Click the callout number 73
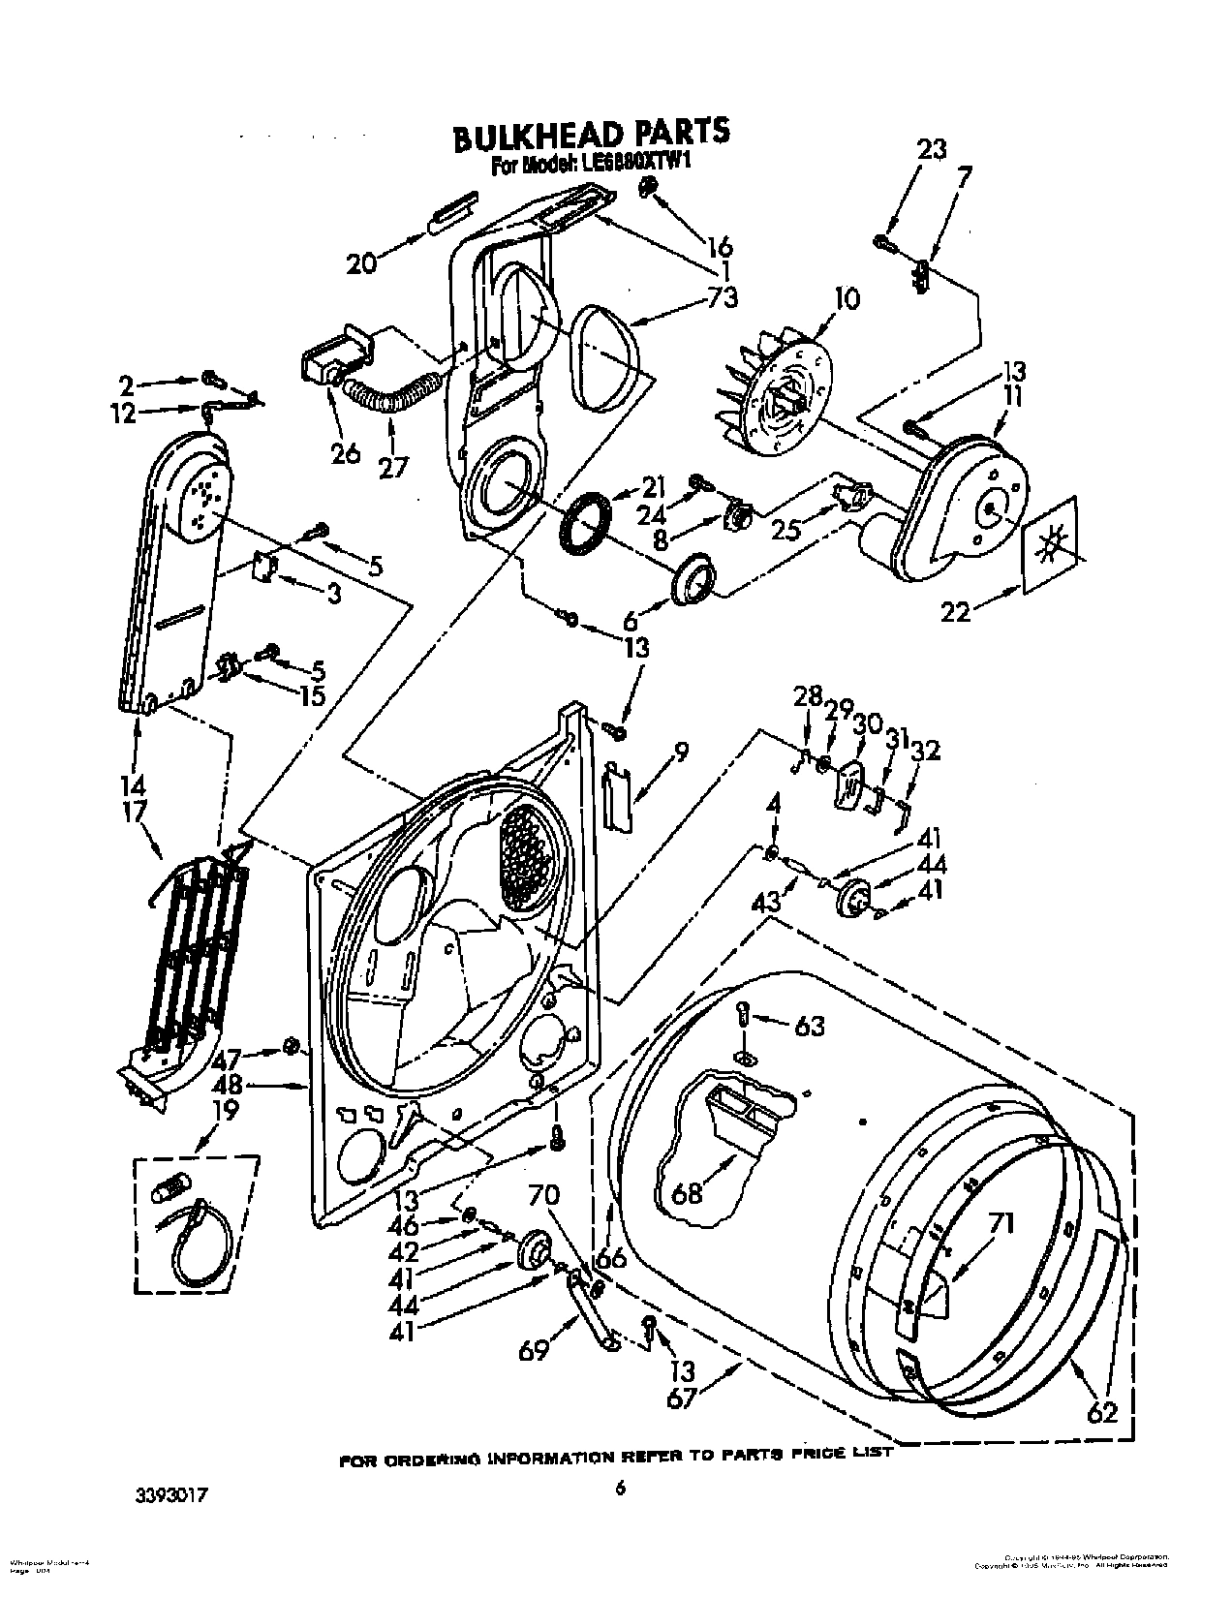[x=722, y=297]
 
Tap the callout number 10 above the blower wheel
[x=846, y=298]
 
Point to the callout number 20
[x=361, y=262]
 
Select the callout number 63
[x=809, y=1025]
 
